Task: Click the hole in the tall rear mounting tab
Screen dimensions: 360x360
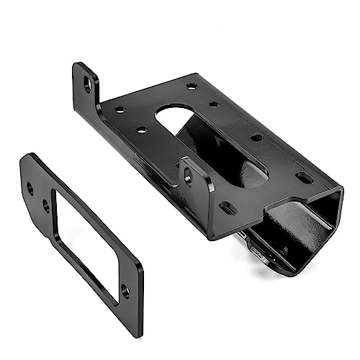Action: click(88, 86)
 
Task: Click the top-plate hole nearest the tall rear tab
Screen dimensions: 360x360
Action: click(119, 110)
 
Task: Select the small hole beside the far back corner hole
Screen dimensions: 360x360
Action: click(214, 104)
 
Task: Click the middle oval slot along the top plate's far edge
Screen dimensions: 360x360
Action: click(256, 137)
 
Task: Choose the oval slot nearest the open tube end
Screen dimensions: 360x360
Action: click(305, 176)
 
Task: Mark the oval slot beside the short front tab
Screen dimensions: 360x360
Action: click(228, 209)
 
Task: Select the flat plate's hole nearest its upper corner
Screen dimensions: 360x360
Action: click(30, 189)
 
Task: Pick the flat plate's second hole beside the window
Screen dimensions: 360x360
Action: click(47, 206)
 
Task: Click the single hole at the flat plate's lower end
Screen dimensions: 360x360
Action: click(125, 291)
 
